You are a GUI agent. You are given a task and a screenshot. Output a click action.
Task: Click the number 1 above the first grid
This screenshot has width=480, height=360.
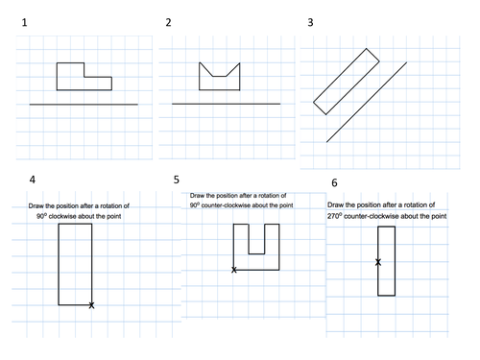click(x=24, y=23)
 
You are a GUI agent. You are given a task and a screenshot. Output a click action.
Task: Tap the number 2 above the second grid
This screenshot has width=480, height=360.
click(x=168, y=22)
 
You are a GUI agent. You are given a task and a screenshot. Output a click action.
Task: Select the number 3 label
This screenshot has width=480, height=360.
click(x=310, y=22)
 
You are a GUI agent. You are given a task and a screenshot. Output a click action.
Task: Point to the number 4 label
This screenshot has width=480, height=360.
click(x=33, y=180)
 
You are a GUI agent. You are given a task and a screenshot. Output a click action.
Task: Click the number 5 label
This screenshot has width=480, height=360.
click(x=177, y=180)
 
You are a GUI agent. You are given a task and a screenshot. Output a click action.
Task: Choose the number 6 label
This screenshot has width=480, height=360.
click(x=334, y=182)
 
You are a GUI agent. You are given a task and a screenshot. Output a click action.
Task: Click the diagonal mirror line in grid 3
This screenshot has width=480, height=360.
click(x=367, y=102)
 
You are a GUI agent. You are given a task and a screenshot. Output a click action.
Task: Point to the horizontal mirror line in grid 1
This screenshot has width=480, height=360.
click(x=84, y=105)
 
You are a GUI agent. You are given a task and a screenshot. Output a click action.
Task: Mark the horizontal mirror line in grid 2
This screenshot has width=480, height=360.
click(x=227, y=104)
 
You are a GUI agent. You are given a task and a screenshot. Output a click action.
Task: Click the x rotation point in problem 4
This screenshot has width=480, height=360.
click(x=91, y=305)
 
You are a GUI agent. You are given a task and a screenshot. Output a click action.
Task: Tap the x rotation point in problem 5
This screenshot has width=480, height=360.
click(x=234, y=270)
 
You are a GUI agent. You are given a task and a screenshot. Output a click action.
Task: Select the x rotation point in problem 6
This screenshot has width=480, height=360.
click(x=378, y=262)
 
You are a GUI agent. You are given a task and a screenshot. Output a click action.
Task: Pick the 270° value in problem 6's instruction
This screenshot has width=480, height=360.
click(x=334, y=216)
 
